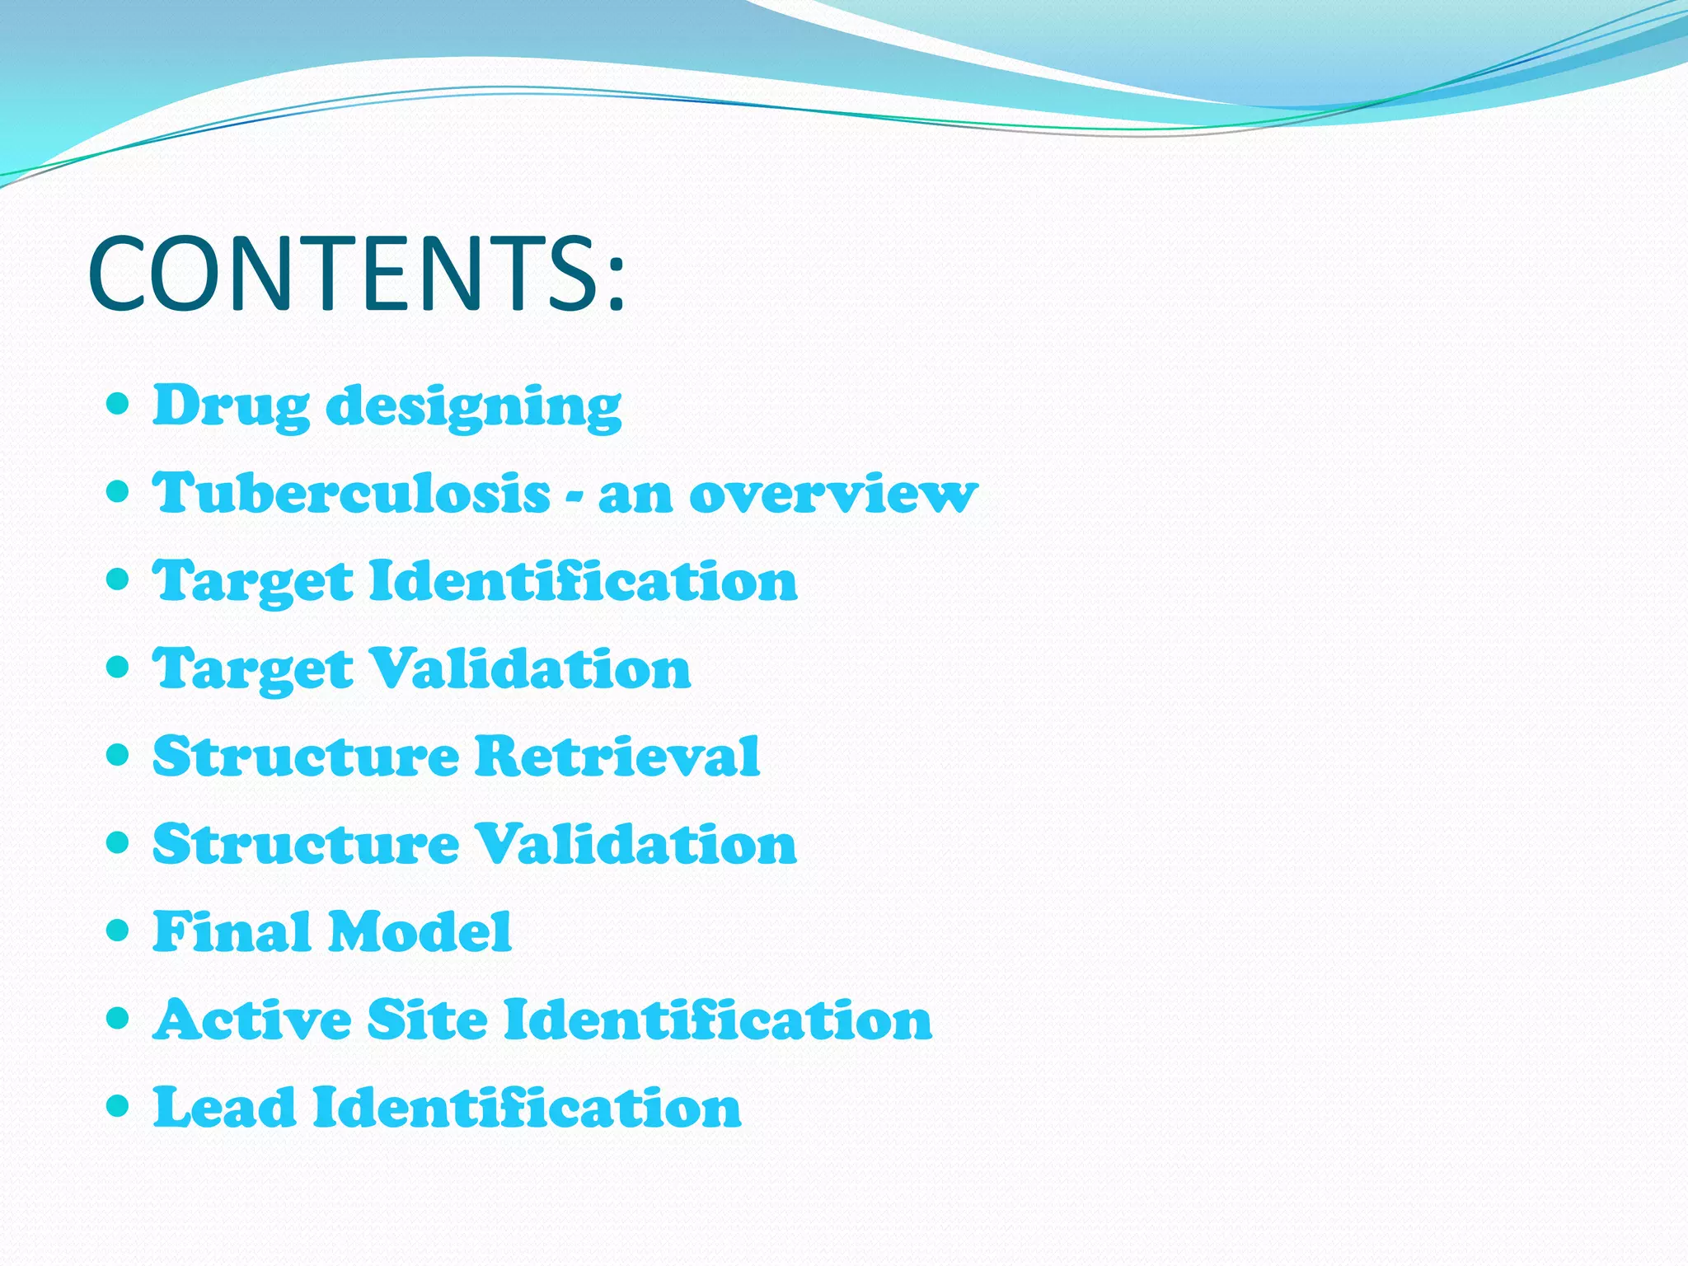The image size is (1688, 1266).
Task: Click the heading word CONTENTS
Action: [356, 274]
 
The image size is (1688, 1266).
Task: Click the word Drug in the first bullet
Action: [231, 406]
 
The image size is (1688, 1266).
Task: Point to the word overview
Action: [832, 495]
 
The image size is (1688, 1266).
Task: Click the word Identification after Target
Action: [584, 581]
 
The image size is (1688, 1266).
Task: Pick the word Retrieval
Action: [617, 756]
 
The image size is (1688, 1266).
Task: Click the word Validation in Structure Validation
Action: [637, 844]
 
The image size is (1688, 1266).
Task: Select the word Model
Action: [420, 931]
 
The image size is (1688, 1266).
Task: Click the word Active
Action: [252, 1020]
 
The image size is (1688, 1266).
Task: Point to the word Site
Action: [427, 1020]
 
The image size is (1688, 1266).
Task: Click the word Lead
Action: [224, 1107]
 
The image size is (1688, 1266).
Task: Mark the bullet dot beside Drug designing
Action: [119, 405]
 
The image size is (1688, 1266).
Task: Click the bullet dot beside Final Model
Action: [119, 931]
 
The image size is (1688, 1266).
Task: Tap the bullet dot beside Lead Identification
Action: [119, 1105]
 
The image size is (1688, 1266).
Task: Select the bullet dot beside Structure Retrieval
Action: [119, 755]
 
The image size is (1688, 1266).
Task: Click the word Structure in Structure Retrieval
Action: [306, 756]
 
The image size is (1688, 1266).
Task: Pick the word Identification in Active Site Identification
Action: [718, 1020]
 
